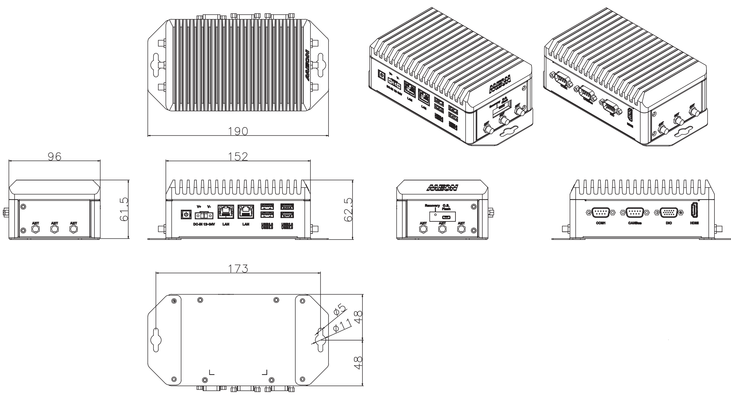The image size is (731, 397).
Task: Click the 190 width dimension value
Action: (238, 131)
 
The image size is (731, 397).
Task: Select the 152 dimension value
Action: (238, 156)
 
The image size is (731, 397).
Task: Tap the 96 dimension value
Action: (54, 156)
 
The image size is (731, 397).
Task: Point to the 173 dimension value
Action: (238, 268)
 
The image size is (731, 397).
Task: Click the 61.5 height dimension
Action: (124, 209)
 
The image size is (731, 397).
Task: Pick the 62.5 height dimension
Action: (348, 209)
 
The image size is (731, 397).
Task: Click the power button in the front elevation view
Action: (186, 214)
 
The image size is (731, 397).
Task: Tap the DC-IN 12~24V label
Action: (204, 224)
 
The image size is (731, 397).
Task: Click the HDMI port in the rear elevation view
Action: (694, 213)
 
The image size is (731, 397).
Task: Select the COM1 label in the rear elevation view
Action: (600, 223)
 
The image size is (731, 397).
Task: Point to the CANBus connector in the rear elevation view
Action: (635, 213)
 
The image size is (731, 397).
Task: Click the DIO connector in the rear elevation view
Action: (669, 213)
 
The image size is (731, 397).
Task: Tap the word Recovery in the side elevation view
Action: (432, 206)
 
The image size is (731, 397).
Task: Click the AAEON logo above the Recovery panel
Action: (442, 188)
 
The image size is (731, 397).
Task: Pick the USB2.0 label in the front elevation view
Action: (287, 226)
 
